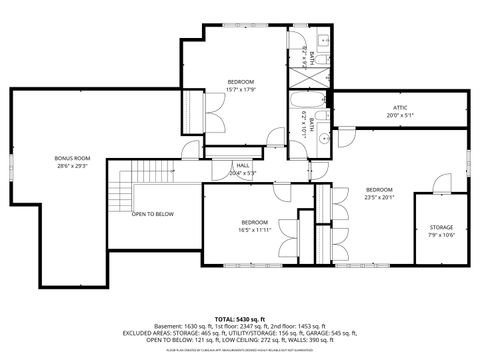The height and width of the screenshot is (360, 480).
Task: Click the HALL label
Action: tap(243, 166)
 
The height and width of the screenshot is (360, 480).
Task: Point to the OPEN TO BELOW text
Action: tap(153, 214)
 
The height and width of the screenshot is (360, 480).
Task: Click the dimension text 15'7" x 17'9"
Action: tap(240, 88)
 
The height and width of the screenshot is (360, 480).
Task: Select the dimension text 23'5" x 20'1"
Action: tap(380, 197)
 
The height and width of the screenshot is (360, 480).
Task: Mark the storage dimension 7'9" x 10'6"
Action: tap(440, 235)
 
